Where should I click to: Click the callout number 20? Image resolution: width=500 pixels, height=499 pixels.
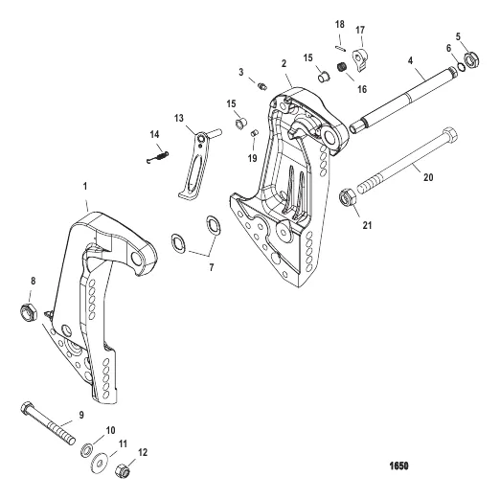428,177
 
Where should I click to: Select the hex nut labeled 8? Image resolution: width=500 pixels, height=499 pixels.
29,312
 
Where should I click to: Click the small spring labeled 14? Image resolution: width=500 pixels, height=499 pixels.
158,157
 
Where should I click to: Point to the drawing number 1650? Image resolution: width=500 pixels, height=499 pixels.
398,466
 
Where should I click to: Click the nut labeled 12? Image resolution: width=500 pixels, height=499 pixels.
123,470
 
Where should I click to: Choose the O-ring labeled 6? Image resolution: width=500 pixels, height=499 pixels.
461,67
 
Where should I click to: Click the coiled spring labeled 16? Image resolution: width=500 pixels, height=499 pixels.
342,67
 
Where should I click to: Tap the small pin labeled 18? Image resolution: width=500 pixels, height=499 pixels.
340,48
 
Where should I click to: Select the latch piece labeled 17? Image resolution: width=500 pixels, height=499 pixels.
360,60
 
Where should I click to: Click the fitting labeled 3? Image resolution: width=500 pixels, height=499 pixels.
262,86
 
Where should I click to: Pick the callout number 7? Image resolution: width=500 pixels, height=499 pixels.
212,267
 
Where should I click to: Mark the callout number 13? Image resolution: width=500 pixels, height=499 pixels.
179,118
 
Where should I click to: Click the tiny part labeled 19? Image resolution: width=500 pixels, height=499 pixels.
254,133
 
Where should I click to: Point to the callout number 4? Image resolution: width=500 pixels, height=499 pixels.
410,60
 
